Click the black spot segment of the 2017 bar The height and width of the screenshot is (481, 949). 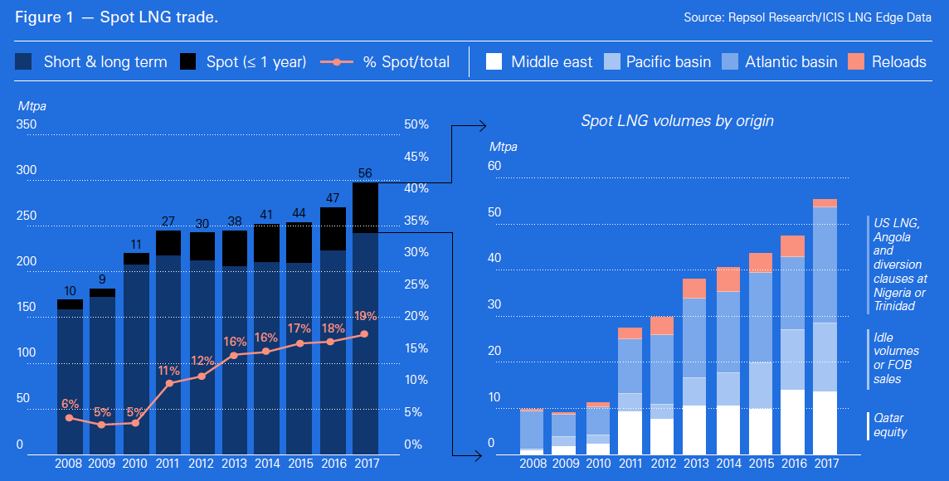365,207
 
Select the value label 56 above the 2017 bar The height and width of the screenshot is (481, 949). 365,173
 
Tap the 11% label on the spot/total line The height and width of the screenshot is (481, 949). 169,371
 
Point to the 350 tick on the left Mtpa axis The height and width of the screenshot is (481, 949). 27,124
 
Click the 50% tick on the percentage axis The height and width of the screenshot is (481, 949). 416,124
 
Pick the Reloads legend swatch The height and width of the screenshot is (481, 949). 857,61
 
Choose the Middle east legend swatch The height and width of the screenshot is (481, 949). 495,61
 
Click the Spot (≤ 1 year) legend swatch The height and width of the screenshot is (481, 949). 188,61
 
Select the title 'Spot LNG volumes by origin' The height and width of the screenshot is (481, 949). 677,121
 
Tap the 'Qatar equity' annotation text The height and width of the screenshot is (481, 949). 889,425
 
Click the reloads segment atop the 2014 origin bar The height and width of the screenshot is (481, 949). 729,279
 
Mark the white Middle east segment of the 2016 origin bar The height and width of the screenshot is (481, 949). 793,421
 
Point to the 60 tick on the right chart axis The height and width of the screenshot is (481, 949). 495,166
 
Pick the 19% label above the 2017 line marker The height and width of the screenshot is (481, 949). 365,316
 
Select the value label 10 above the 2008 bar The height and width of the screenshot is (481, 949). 70,291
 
